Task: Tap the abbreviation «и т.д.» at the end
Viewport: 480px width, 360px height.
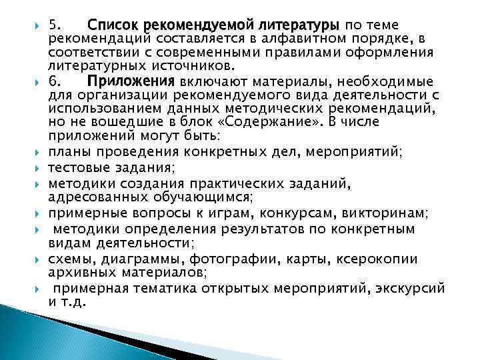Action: (67, 301)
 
